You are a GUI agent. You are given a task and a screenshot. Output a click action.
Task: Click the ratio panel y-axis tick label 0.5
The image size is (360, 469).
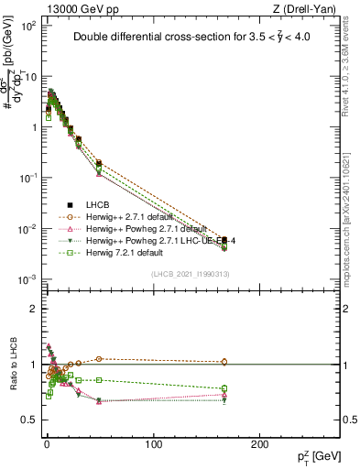coord(27,420)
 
